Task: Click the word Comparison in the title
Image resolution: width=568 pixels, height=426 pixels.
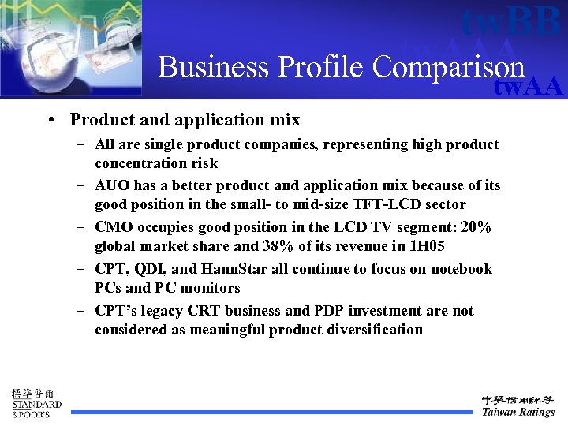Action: [x=448, y=67]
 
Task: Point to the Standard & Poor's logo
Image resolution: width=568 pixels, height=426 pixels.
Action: [x=35, y=402]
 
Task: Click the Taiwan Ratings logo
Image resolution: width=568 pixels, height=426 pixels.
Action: [x=518, y=404]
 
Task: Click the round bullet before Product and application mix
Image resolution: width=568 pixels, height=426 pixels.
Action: [x=50, y=120]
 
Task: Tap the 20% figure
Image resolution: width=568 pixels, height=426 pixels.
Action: [x=476, y=227]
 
